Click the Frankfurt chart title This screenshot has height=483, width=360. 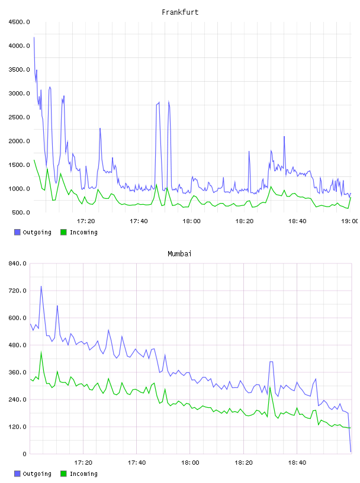pos(180,12)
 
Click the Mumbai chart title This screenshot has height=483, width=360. pos(179,254)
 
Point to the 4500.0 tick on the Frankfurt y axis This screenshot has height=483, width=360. pos(19,22)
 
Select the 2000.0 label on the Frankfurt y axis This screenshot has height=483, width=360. pos(19,141)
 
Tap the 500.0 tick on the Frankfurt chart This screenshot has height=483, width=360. pos(21,212)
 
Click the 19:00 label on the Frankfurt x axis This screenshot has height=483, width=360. pos(350,221)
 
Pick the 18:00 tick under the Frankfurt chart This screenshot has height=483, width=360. pos(191,221)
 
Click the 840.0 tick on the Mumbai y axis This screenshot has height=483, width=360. pos(17,263)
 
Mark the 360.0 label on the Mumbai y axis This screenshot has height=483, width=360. pos(17,372)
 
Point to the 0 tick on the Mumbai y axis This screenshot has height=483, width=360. pos(24,454)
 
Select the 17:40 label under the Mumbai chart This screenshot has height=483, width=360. pos(137,462)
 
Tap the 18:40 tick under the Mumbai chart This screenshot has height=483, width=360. pos(297,462)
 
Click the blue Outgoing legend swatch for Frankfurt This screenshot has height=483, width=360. pos(17,232)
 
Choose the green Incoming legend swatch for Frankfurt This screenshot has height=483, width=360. pos(63,232)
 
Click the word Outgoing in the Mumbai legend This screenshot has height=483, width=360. pos(37,474)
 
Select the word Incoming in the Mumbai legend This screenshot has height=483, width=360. pos(83,474)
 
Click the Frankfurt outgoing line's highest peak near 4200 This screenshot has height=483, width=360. pos(34,37)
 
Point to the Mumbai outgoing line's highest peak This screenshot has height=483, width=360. pos(41,286)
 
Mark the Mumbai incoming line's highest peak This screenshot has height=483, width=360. pos(41,352)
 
